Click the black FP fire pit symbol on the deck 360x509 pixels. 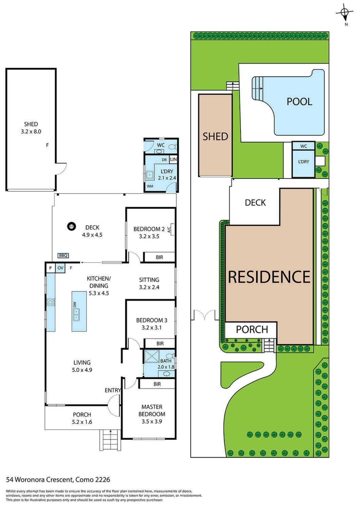coord(71,227)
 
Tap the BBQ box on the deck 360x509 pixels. coord(63,256)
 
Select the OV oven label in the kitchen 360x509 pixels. coord(60,268)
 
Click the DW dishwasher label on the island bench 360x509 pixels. coord(75,304)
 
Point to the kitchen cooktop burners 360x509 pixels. coord(51,302)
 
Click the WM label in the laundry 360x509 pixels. coord(150,186)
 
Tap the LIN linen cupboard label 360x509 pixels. coord(173,159)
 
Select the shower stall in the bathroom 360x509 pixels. coord(152,356)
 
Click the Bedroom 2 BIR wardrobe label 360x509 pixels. coord(159,257)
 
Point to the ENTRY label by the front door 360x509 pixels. coord(113,390)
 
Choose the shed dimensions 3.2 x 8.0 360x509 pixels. coord(31,131)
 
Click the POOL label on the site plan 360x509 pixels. coord(299,101)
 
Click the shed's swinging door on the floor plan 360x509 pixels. coord(61,168)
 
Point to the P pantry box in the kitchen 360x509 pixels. coord(51,268)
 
